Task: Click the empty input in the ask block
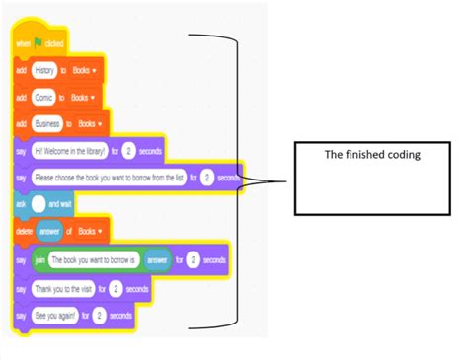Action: (38, 203)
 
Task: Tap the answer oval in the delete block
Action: (54, 232)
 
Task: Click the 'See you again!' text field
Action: (55, 316)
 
